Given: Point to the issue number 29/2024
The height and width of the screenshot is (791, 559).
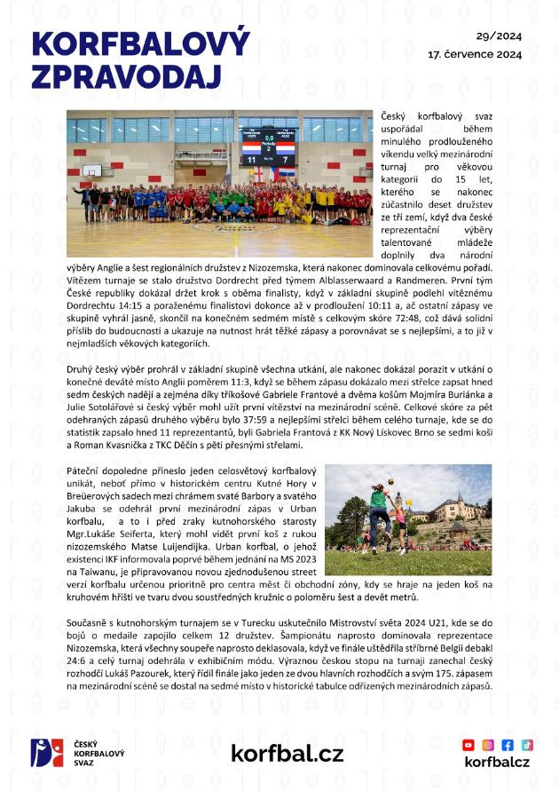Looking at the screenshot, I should pyautogui.click(x=499, y=36).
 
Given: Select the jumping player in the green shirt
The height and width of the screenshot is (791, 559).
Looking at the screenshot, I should pyautogui.click(x=379, y=511).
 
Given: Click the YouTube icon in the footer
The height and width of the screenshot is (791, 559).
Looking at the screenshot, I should pyautogui.click(x=468, y=745).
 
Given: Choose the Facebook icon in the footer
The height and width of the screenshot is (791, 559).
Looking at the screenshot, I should pyautogui.click(x=508, y=745).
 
